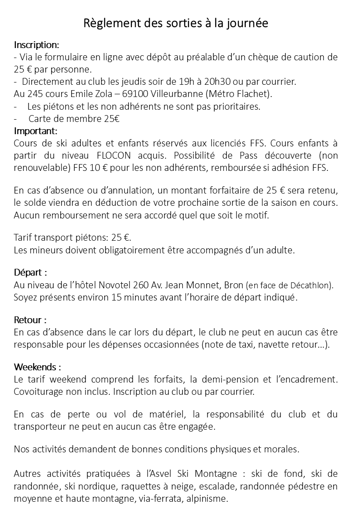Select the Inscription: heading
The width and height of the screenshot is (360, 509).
(x=36, y=45)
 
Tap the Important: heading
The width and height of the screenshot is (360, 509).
(x=36, y=131)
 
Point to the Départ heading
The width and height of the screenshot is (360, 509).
(x=30, y=273)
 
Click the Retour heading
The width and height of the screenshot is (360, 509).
(x=30, y=320)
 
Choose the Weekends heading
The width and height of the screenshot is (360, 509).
(x=37, y=366)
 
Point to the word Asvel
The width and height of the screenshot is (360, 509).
(x=169, y=474)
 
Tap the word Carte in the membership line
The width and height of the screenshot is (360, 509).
(x=40, y=119)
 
